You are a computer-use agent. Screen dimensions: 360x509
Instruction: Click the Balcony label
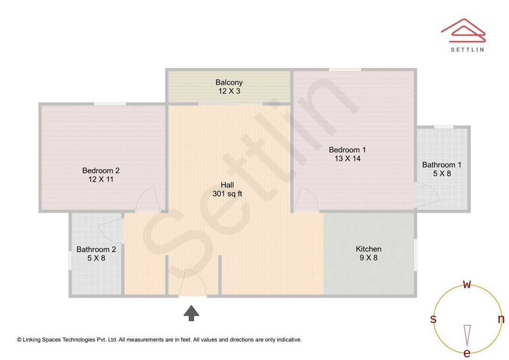[x=229, y=82]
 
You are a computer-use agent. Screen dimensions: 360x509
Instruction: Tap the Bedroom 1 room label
[x=347, y=150]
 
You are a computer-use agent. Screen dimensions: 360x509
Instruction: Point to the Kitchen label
[x=369, y=249]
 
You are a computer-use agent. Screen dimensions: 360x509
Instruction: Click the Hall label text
[x=227, y=185]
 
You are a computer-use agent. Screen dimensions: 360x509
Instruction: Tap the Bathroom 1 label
[x=442, y=165]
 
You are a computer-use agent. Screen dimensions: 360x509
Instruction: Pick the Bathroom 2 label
[x=96, y=249]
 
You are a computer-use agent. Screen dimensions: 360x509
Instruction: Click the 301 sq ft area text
[x=227, y=194]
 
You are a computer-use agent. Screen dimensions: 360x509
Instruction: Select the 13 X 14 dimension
[x=347, y=159]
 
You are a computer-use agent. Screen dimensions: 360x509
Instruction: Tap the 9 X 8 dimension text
[x=369, y=258]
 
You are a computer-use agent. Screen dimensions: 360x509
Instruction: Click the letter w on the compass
[x=467, y=284]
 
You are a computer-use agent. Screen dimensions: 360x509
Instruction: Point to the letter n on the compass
[x=501, y=319]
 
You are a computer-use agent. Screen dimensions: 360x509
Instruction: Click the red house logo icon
[x=463, y=30]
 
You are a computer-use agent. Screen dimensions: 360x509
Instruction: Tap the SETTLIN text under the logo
[x=467, y=49]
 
